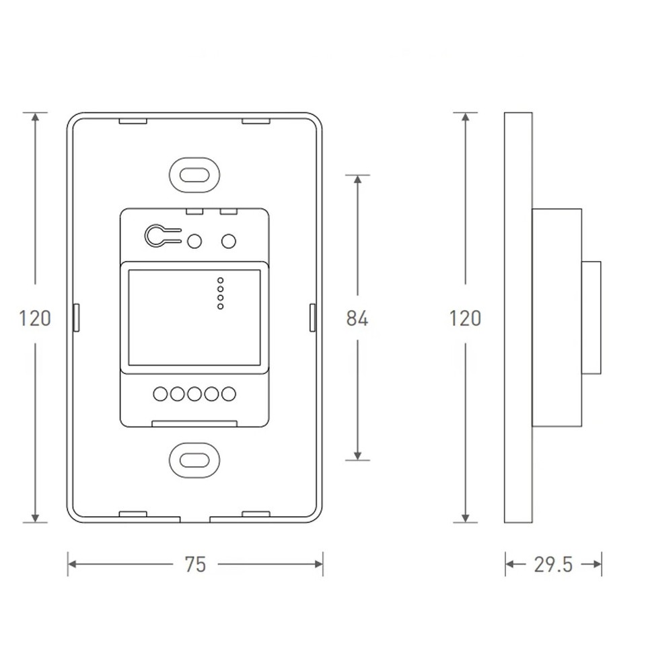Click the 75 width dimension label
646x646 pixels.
click(195, 565)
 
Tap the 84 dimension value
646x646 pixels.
click(357, 318)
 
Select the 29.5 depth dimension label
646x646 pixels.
click(553, 565)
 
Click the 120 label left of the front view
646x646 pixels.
click(35, 318)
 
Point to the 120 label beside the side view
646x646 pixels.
click(465, 318)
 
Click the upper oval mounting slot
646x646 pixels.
click(194, 175)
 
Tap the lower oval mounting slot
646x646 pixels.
click(194, 460)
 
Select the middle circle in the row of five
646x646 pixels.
click(194, 394)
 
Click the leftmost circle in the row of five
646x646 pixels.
click(160, 394)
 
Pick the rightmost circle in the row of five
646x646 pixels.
click(229, 394)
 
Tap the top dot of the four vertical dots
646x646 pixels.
click(221, 280)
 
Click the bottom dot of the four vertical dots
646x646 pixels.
click(221, 307)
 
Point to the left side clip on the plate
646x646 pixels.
click(76, 318)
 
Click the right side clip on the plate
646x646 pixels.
click(312, 318)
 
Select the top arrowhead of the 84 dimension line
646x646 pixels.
click(357, 179)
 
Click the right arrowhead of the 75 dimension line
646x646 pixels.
click(319, 564)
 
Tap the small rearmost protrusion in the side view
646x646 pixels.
click(591, 318)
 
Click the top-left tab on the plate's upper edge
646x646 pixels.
click(133, 121)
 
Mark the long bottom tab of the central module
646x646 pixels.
click(194, 424)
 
